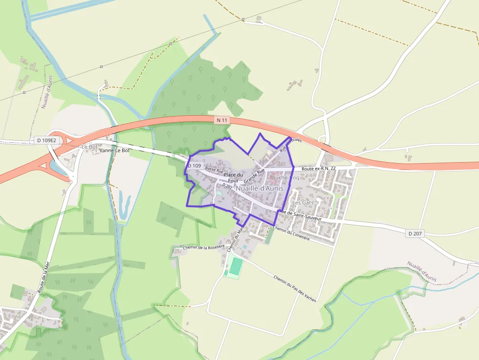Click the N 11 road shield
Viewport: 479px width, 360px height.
point(222,120)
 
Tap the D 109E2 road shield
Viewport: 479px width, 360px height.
point(47,140)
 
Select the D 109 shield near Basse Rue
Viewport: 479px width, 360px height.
point(194,166)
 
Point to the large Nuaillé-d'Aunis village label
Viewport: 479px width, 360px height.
point(260,188)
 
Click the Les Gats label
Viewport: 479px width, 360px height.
point(303,202)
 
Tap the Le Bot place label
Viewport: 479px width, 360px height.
point(89,147)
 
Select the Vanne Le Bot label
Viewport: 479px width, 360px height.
point(114,150)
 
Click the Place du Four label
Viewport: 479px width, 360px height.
point(233,178)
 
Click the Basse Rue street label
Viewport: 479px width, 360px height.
point(214,170)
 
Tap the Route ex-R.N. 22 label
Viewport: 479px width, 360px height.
point(319,169)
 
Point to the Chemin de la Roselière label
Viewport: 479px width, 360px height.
point(203,248)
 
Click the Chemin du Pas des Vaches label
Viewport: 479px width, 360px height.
point(295,289)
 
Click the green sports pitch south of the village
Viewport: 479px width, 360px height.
point(236,266)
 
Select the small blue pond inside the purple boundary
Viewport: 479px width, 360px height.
point(218,194)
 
